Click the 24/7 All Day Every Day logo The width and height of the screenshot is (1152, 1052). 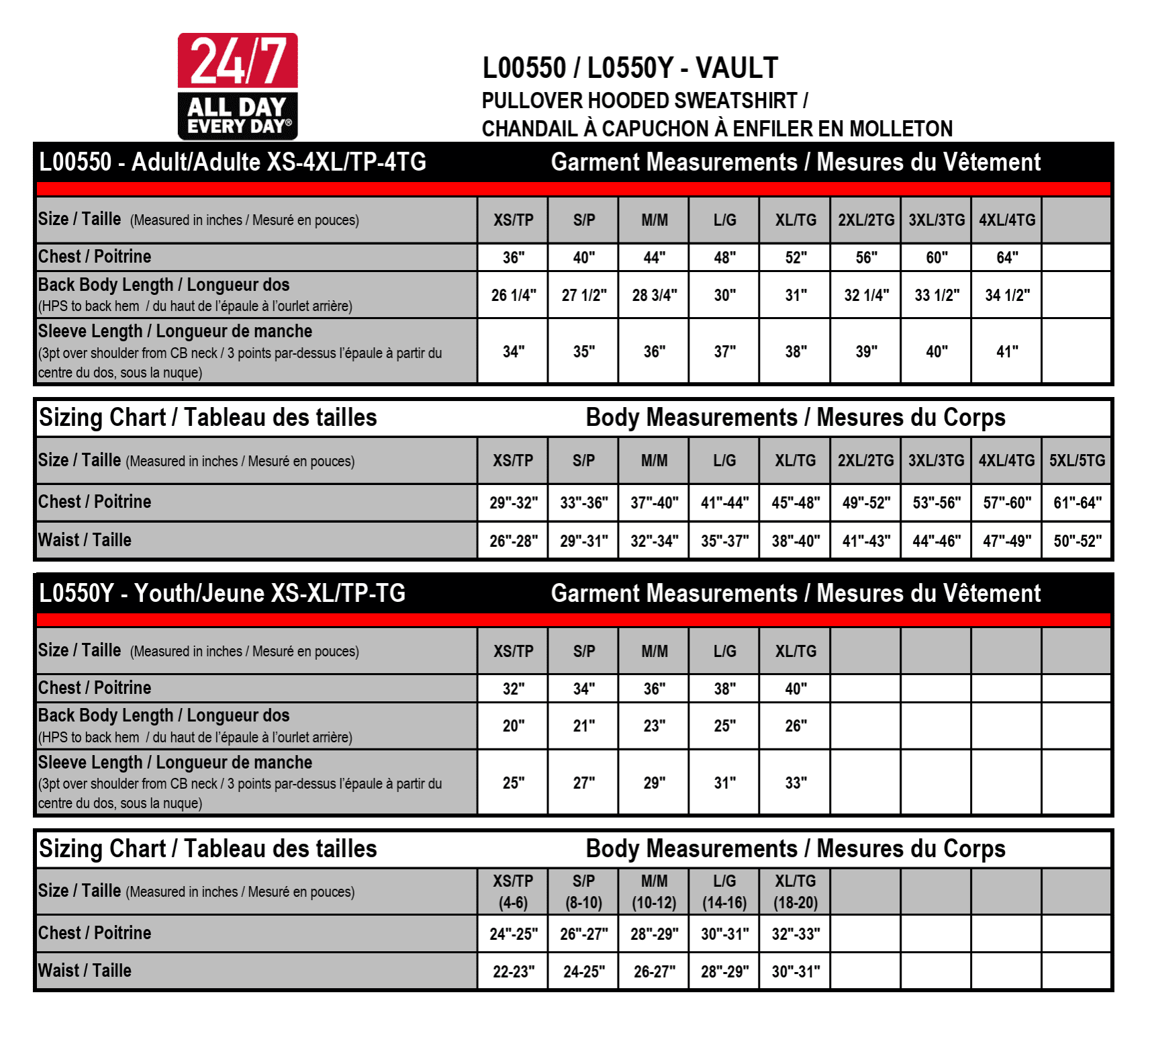click(238, 86)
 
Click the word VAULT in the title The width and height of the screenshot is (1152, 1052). click(736, 68)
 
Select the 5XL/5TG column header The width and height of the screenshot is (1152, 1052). click(1077, 461)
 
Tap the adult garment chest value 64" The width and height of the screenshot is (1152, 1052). click(1007, 257)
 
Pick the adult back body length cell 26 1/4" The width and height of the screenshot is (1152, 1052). click(514, 295)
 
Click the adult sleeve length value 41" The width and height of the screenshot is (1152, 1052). click(1007, 351)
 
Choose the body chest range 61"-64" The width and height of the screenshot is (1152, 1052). click(1077, 502)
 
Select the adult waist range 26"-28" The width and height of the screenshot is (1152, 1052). click(514, 541)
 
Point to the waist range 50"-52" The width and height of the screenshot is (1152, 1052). click(1077, 541)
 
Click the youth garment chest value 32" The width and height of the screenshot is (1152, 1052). click(514, 689)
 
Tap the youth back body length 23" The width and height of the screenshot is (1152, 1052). click(655, 726)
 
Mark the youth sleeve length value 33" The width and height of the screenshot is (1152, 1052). click(796, 783)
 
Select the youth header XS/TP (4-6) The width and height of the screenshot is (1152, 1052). click(513, 891)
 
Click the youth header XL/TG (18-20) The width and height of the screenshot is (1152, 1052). click(796, 891)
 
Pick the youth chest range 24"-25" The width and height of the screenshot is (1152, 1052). click(514, 934)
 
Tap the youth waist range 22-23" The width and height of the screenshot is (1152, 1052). click(514, 971)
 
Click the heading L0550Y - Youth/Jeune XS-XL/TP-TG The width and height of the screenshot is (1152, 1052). click(222, 593)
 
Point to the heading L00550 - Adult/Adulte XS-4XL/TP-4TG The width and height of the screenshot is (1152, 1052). click(232, 162)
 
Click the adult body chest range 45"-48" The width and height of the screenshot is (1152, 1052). click(796, 502)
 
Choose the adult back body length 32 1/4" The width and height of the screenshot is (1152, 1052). click(866, 295)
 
